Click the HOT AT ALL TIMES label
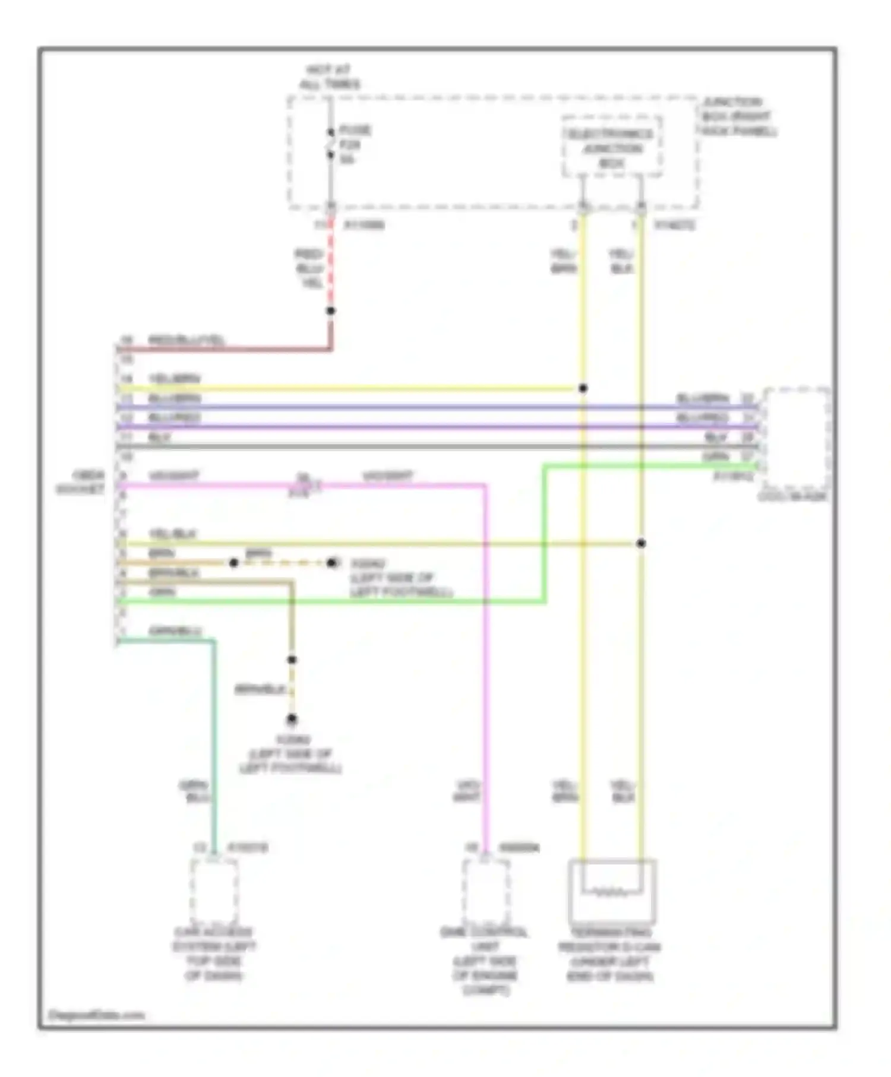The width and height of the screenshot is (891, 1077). tap(329, 77)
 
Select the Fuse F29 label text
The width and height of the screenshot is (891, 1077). tap(355, 145)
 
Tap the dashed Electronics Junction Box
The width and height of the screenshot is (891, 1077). tap(612, 147)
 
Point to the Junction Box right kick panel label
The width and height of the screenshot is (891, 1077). tap(738, 116)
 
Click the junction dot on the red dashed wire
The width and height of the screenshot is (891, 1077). tap(331, 311)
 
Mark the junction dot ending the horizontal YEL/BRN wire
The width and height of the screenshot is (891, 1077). tap(583, 388)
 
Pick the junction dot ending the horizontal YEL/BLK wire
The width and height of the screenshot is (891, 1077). tap(641, 543)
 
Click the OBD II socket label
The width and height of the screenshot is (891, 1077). tap(81, 482)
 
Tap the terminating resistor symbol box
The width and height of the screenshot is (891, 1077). tap(612, 889)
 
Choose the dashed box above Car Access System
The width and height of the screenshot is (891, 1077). tap(214, 888)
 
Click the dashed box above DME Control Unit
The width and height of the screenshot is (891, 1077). tap(485, 888)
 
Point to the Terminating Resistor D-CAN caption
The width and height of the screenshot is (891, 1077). tap(609, 954)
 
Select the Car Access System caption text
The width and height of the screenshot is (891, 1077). tap(214, 954)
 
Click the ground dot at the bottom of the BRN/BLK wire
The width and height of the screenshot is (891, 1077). tap(292, 719)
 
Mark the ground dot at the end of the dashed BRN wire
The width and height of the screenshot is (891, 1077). tap(331, 562)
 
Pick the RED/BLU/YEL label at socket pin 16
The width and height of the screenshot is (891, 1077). tap(187, 340)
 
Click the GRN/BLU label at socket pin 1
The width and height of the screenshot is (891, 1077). tap(175, 631)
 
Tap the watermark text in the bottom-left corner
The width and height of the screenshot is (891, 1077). tap(96, 1015)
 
